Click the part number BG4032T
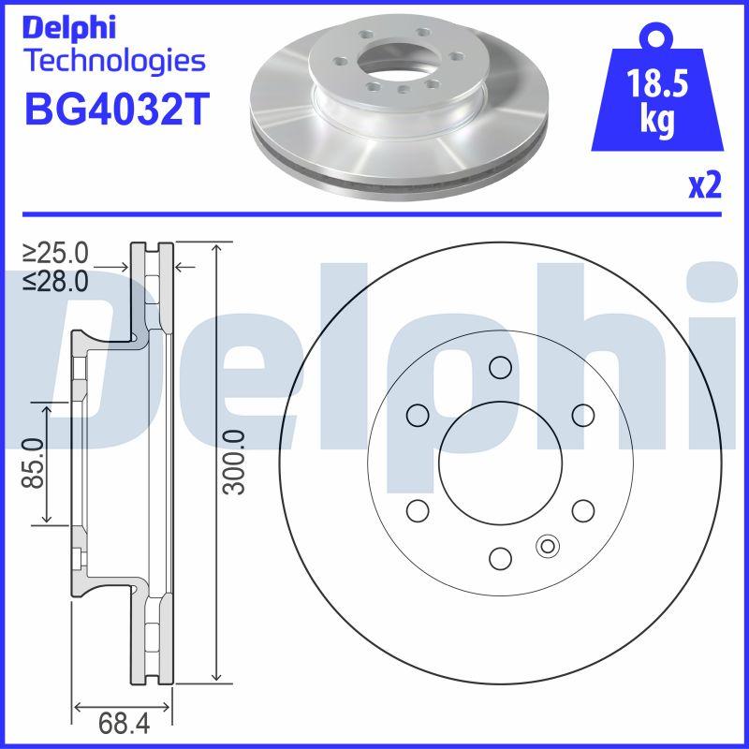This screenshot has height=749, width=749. (117, 109)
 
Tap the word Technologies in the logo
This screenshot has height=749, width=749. (116, 62)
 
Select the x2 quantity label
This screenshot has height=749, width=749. (705, 185)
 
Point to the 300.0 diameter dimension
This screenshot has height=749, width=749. (235, 462)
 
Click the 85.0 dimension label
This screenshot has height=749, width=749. (33, 463)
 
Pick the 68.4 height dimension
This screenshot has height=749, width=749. (124, 723)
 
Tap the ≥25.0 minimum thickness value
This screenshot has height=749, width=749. (55, 253)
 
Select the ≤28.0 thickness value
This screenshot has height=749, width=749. (55, 281)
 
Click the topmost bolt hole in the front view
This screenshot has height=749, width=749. (500, 367)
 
